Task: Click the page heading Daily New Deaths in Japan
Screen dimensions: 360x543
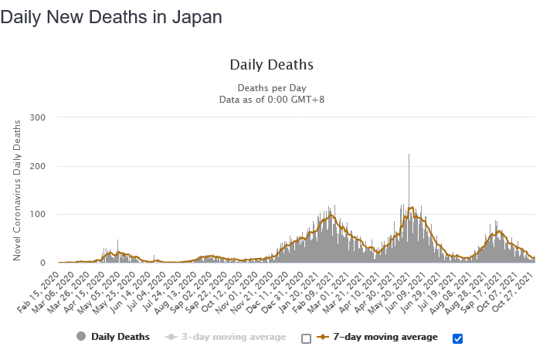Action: point(111,17)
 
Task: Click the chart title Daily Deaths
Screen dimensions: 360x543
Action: point(271,65)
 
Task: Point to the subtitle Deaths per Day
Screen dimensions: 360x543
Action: point(271,87)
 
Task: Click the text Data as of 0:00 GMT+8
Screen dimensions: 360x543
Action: point(271,99)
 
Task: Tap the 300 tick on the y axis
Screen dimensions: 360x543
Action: point(38,117)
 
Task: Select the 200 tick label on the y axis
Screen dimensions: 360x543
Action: point(38,166)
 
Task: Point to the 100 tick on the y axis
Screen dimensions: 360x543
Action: point(38,214)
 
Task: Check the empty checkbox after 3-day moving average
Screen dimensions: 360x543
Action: point(306,338)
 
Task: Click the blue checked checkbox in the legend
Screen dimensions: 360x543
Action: point(457,338)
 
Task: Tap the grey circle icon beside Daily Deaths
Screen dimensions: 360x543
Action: point(81,337)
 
